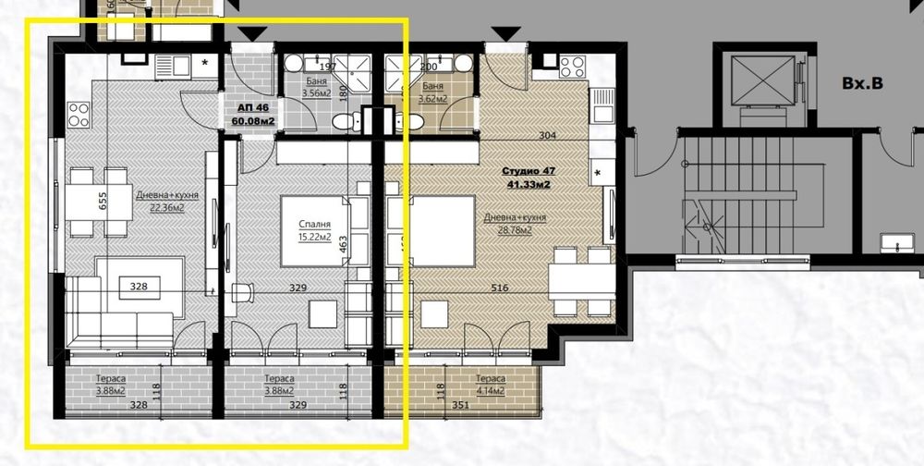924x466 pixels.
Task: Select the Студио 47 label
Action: pos(527,171)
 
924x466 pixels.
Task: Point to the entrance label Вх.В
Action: pos(862,83)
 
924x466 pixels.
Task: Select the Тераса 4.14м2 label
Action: pos(490,384)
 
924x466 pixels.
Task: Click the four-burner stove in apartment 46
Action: pos(78,116)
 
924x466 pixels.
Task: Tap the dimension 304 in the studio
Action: pos(548,136)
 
